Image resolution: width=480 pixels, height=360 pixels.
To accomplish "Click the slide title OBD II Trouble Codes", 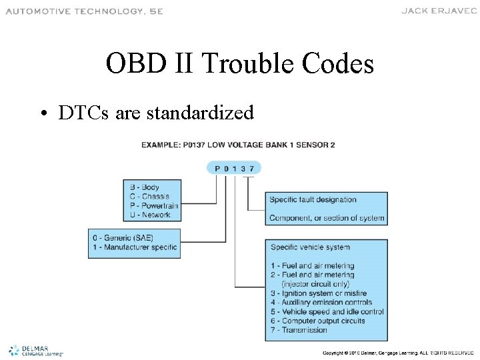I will tap(239, 64).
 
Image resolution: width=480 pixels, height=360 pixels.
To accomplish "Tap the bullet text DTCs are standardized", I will tap(155, 113).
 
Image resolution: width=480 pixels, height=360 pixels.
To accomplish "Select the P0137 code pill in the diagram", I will tap(234, 169).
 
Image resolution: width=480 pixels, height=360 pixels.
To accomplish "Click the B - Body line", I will tap(143, 187).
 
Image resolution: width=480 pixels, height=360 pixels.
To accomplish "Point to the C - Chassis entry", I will tap(149, 196).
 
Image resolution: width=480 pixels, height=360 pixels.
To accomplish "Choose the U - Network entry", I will tap(150, 215).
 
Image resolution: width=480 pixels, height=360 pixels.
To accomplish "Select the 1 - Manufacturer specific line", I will tap(135, 247).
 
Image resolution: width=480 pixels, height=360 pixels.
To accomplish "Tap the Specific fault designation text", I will tap(313, 199).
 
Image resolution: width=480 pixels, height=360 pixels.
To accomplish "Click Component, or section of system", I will tap(327, 218).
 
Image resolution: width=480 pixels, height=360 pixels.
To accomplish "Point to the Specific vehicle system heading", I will tap(310, 247).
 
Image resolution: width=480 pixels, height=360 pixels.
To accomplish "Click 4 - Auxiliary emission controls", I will tap(321, 302).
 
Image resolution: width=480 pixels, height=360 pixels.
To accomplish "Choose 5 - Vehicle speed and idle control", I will tap(327, 311).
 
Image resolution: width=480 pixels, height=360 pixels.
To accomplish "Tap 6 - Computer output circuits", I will tap(317, 321).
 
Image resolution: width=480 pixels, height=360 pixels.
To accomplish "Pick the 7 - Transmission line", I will tap(299, 330).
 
